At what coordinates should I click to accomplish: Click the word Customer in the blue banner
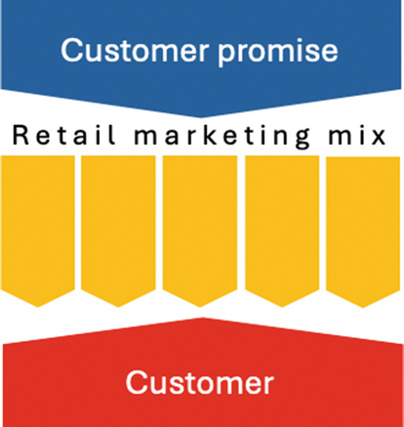(135, 50)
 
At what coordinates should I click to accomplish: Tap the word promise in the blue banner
(278, 52)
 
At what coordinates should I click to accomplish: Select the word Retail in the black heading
(63, 135)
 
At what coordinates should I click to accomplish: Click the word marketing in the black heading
(222, 137)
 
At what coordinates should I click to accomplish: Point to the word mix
(357, 135)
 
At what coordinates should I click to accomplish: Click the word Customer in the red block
(200, 383)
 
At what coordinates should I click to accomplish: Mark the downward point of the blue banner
(201, 117)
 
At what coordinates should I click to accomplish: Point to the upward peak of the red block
(202, 318)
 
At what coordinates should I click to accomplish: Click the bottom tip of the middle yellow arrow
(200, 307)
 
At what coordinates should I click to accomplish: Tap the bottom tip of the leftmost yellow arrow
(38, 307)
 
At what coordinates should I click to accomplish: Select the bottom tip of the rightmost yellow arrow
(363, 308)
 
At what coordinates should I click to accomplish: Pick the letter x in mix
(379, 138)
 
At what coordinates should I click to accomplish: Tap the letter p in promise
(227, 55)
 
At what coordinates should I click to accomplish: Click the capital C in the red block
(136, 383)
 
